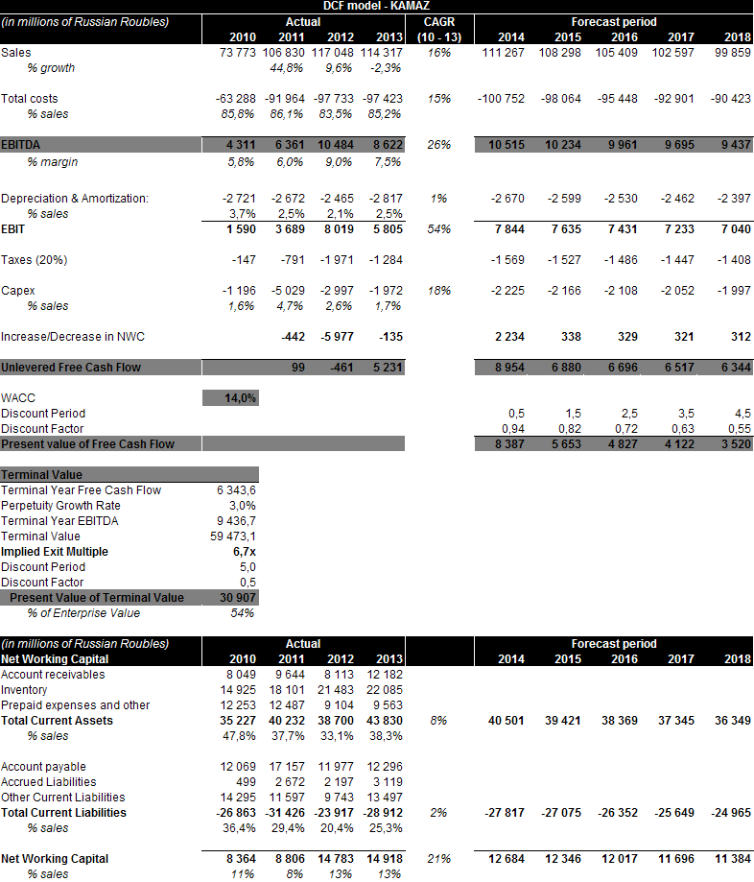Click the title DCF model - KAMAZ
click(376, 7)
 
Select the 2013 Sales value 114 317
click(382, 53)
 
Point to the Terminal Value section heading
click(41, 475)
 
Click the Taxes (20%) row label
click(35, 260)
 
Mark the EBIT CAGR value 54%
click(439, 229)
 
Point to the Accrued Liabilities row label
click(48, 782)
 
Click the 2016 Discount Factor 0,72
click(623, 429)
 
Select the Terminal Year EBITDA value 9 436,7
click(236, 521)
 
